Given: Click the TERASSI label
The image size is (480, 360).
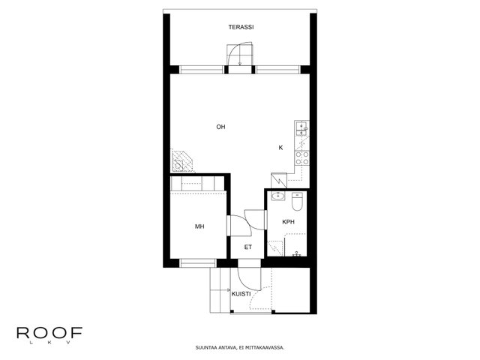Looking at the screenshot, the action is point(241,27).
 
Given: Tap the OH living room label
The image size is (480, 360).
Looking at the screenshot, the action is point(220,127).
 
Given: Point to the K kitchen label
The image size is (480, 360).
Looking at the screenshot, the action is point(280,148).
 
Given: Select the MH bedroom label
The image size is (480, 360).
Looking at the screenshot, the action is point(199,226).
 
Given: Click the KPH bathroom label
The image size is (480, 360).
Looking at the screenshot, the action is point(288,222).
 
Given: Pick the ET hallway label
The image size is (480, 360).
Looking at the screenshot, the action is point(248,247).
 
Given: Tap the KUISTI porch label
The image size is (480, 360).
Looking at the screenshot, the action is point(241,294).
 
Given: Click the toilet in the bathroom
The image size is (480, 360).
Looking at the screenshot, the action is point(297,202).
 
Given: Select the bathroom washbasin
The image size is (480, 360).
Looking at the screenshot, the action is point(278,196).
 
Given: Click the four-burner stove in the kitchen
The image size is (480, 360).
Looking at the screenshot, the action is point(301,158).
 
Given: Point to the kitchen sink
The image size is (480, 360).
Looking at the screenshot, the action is point(301,128).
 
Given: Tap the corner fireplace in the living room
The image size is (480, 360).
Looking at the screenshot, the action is point(182,161).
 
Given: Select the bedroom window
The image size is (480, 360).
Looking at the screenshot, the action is point(198,263).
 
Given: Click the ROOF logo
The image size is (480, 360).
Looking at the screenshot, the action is point(49,334).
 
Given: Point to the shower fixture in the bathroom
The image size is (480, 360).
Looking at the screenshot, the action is point(296,253).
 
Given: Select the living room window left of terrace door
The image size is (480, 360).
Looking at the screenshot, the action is point(202,70).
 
